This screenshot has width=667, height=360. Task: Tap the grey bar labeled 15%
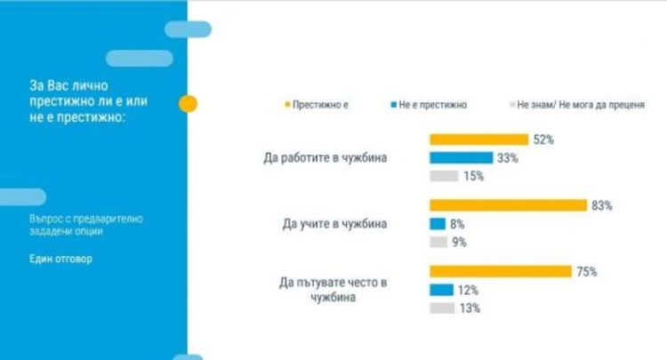point(444,176)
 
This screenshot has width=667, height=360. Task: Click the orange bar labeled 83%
point(508,205)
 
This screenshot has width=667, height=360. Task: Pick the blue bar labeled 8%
point(437,224)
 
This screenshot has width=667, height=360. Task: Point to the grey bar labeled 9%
point(438,242)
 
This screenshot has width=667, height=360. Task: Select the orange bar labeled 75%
point(500,271)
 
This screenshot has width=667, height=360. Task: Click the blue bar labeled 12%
point(440,290)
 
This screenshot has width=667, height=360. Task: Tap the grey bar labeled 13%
point(442,308)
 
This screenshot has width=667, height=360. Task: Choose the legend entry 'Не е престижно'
point(434,106)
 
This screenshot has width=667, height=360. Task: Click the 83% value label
point(602,205)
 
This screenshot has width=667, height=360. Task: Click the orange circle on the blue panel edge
point(188,105)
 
